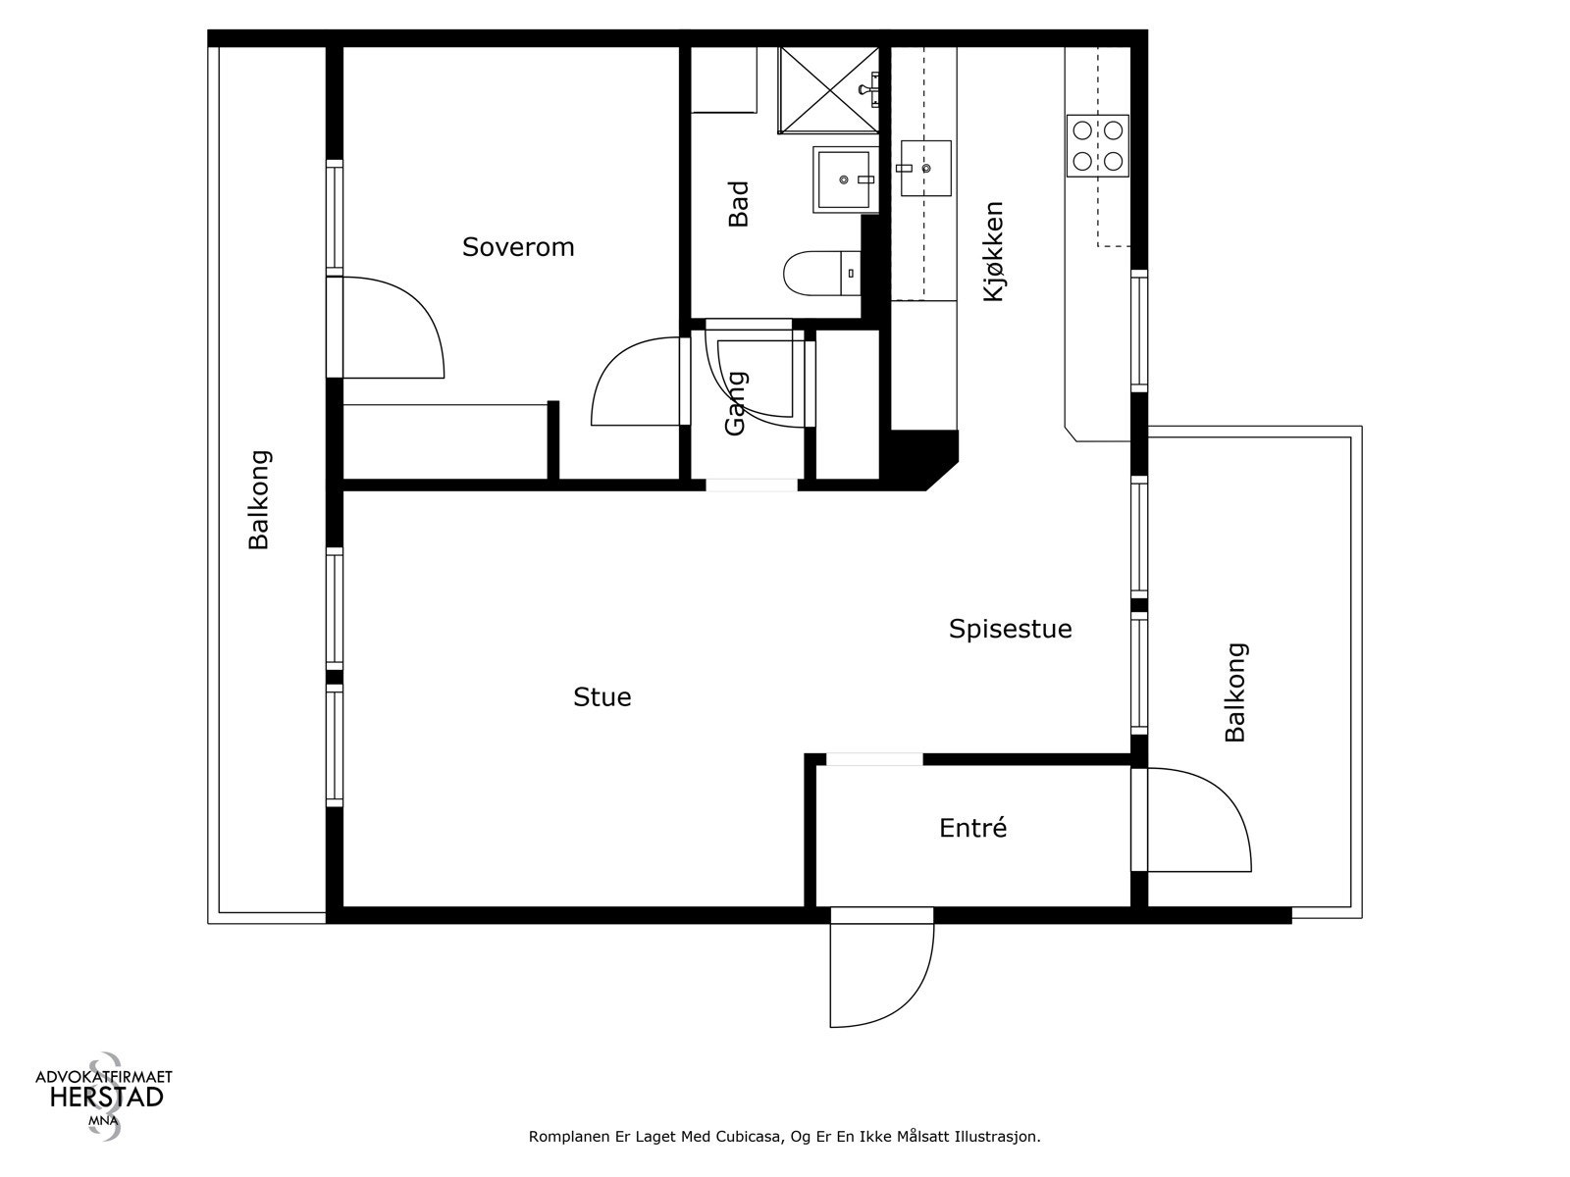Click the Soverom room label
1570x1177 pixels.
click(x=518, y=247)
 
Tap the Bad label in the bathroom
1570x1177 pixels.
click(x=738, y=204)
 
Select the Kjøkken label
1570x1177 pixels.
click(x=993, y=251)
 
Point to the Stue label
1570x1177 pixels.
click(x=602, y=696)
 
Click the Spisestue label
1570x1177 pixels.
click(x=1010, y=629)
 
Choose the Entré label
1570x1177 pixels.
click(x=972, y=828)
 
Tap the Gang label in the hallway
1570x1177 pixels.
click(x=735, y=403)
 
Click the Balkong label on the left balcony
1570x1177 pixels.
click(x=258, y=499)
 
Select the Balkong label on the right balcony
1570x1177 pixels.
click(x=1235, y=692)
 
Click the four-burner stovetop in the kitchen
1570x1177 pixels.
click(x=1097, y=146)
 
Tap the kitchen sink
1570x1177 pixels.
click(x=925, y=168)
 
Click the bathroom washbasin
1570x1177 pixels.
click(x=846, y=179)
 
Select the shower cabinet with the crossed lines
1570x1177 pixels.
click(x=828, y=90)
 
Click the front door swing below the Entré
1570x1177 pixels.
click(x=882, y=968)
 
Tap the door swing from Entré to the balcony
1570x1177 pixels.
click(x=1191, y=820)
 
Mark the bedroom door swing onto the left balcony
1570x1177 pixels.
click(x=387, y=328)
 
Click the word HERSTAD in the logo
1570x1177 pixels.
click(x=107, y=1098)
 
